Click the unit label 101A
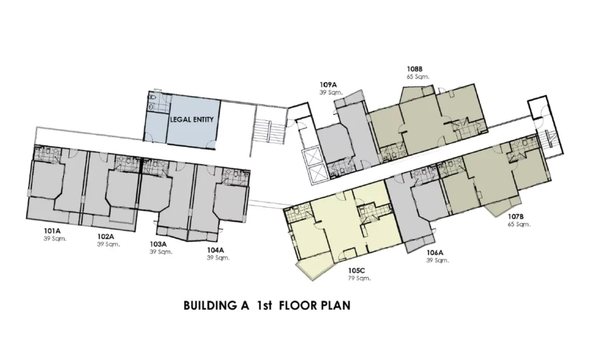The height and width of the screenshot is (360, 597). coord(52,231)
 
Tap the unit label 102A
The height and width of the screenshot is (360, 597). coord(106,236)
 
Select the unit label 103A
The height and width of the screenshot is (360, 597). coord(158,244)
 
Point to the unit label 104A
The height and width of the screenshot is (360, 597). coord(215,250)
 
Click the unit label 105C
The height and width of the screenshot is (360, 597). coord(356,271)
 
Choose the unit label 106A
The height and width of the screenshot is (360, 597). coord(434,253)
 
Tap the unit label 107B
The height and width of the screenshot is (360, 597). coord(516,217)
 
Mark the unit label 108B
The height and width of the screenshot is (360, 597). coord(415,69)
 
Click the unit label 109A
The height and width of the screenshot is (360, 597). coord(328,85)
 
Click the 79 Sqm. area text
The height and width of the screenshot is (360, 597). coord(359,278)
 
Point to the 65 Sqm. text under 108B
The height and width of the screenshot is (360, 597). coord(417,76)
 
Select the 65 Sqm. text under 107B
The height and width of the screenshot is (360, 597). coord(519,225)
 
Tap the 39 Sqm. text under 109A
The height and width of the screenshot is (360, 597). coord(331,92)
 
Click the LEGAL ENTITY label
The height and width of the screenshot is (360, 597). coord(191,119)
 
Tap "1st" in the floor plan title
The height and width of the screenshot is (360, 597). coord(264,306)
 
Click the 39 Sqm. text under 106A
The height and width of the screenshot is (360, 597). coord(437,261)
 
